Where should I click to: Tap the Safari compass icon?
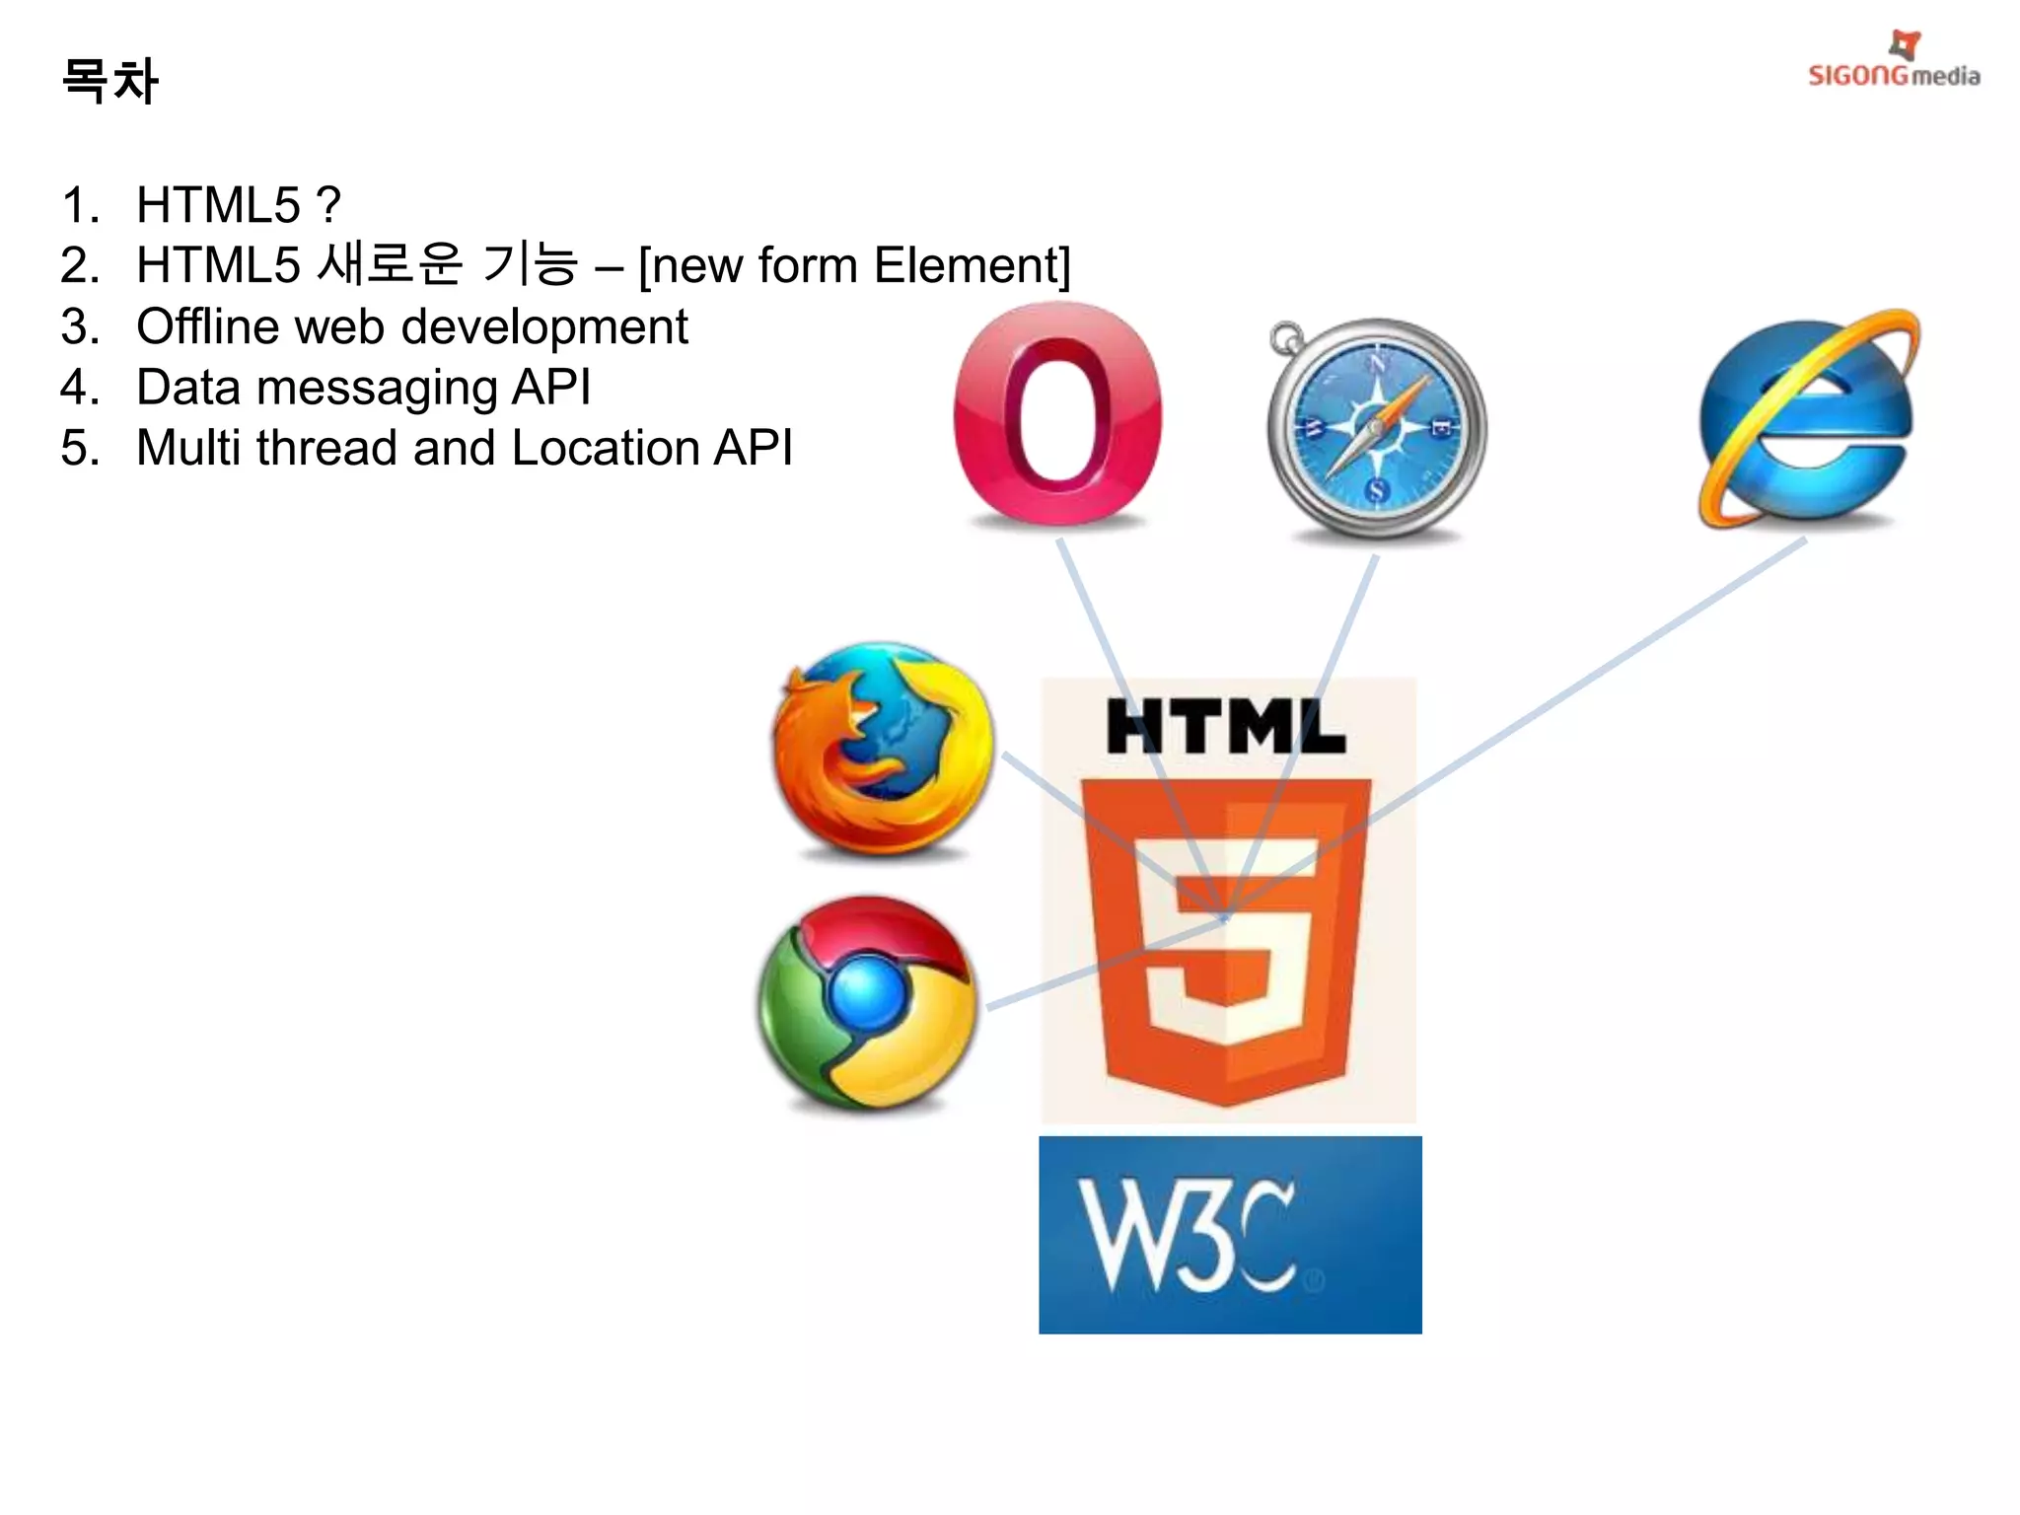[1377, 428]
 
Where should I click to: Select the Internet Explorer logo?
[1807, 420]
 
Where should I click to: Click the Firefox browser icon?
[883, 750]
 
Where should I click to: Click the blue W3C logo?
[1230, 1235]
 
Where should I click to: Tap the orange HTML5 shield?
[1226, 937]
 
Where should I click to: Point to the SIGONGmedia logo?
[1894, 63]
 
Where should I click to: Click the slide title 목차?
[109, 81]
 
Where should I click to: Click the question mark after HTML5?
[329, 205]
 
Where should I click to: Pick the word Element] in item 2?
[972, 266]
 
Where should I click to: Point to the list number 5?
[79, 448]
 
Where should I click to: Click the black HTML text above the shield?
[1226, 728]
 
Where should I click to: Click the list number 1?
[79, 205]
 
